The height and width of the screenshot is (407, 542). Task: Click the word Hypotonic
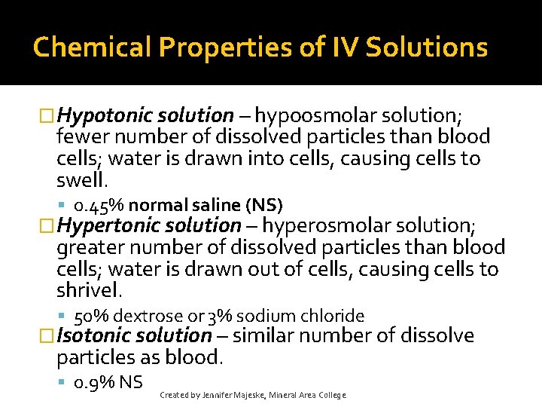pos(105,115)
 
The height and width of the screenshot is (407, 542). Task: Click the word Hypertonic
pos(111,225)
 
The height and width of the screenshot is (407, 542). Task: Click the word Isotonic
pos(94,335)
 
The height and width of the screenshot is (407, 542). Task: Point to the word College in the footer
pos(331,395)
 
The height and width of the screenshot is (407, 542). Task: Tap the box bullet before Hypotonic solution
pos(47,116)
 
